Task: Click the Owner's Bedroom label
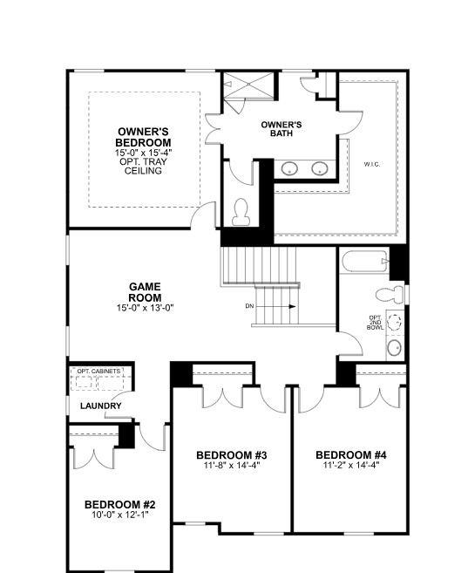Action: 143,137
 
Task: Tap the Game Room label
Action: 145,292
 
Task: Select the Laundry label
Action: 101,406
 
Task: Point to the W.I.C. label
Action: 372,165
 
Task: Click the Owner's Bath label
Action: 281,129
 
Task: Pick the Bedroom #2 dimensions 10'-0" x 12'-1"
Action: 120,515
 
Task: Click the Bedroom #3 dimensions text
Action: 232,465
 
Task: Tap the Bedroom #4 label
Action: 351,455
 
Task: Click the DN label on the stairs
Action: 250,306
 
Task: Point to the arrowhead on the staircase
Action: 292,306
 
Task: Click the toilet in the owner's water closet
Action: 241,212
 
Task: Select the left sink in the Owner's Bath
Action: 289,168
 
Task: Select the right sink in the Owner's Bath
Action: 320,168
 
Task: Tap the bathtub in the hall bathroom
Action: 364,261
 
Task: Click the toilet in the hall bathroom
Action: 390,293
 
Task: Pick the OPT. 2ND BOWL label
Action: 376,323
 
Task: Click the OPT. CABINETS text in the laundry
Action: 98,371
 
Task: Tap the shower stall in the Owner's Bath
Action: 248,85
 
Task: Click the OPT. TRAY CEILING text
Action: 143,166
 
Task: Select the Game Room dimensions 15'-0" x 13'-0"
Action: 145,308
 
